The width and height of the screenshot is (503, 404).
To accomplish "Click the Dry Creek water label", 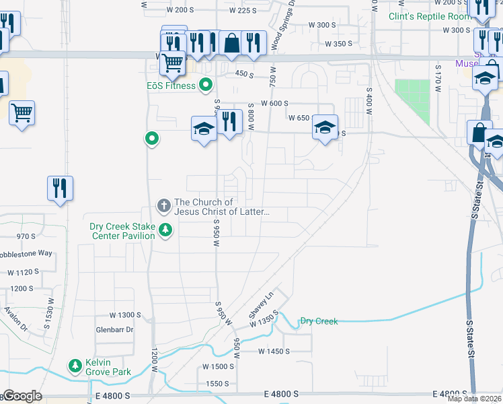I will tap(319, 321).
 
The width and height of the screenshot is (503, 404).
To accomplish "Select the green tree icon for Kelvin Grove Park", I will tap(75, 366).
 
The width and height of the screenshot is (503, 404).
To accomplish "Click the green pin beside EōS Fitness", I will tap(206, 86).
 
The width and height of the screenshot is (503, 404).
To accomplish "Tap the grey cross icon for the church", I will tap(163, 205).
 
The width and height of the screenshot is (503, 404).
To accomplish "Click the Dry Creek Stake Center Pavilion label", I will tap(122, 231).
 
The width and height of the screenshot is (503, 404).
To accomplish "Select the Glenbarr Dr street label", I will tap(115, 329).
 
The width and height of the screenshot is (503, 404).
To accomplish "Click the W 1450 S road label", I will tap(274, 351).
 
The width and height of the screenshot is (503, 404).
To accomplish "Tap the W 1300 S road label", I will tap(126, 315).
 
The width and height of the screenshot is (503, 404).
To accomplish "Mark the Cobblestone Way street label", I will tap(26, 253).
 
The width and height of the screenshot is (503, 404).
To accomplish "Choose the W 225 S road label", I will tap(243, 10).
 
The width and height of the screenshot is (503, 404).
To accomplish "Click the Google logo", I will tap(22, 396).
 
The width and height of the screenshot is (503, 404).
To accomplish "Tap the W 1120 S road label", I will tap(24, 273).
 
